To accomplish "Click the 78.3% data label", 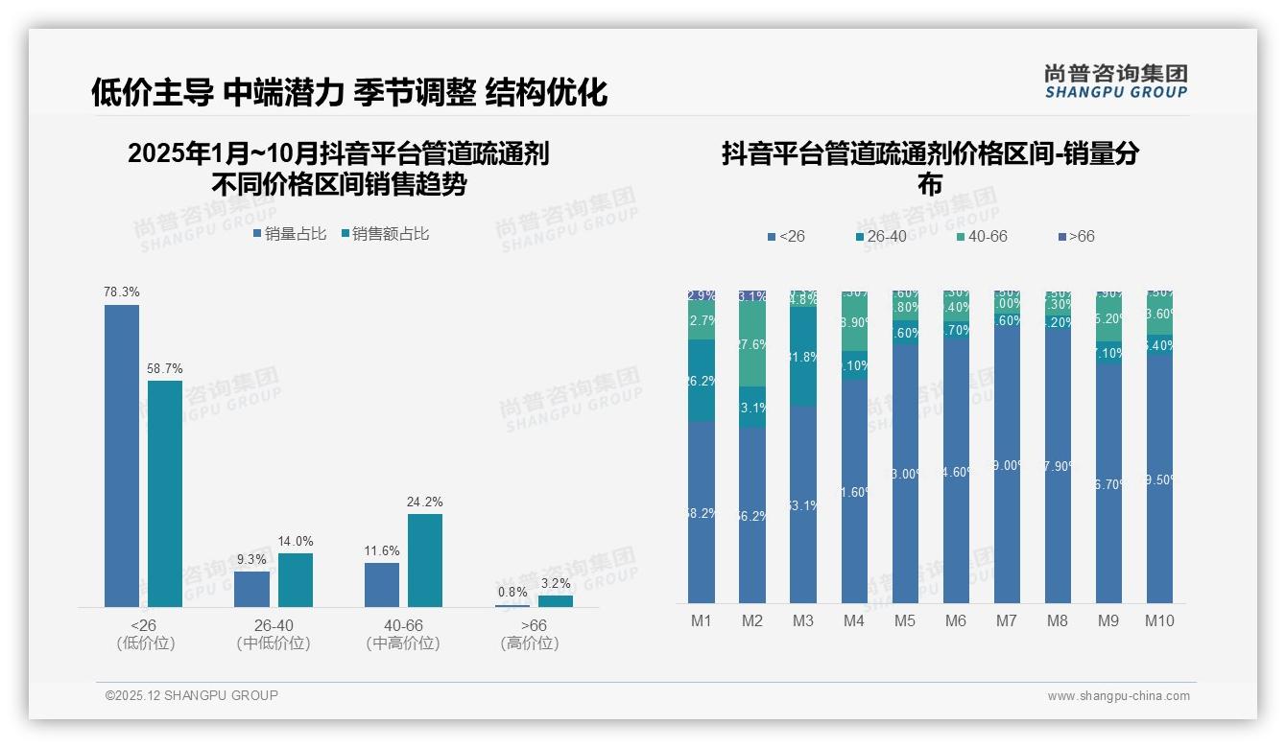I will pyautogui.click(x=122, y=292).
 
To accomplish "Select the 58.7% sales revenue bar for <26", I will pyautogui.click(x=165, y=493).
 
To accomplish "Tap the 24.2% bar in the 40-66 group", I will pyautogui.click(x=425, y=560).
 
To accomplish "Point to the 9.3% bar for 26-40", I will pyautogui.click(x=251, y=589).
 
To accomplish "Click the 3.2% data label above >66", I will pyautogui.click(x=555, y=583).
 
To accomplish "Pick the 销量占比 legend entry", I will pyautogui.click(x=290, y=234).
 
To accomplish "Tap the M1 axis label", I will pyautogui.click(x=702, y=620).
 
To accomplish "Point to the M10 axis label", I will pyautogui.click(x=1158, y=620).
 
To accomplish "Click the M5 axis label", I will pyautogui.click(x=905, y=620).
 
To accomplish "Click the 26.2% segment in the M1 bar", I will pyautogui.click(x=702, y=381).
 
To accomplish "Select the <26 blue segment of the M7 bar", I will pyautogui.click(x=1006, y=465).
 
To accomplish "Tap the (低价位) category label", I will pyautogui.click(x=145, y=643).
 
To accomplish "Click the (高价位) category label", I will pyautogui.click(x=529, y=643).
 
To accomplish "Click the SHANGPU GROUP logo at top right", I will pyautogui.click(x=1115, y=82).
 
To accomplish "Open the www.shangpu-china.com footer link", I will pyautogui.click(x=1118, y=696).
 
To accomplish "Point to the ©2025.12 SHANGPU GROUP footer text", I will pyautogui.click(x=192, y=695).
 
